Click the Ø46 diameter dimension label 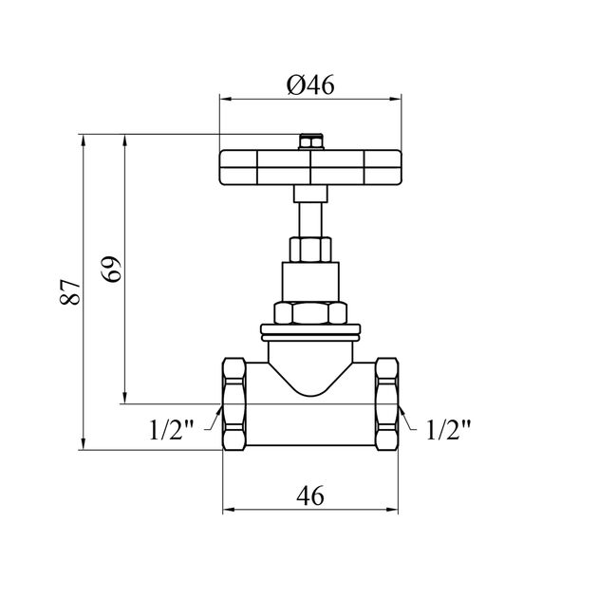(309, 85)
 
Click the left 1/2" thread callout (171, 429)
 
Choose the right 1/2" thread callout (448, 429)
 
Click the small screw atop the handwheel (309, 143)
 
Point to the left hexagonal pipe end (234, 404)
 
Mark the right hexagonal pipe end (387, 404)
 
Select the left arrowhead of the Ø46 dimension (225, 97)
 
